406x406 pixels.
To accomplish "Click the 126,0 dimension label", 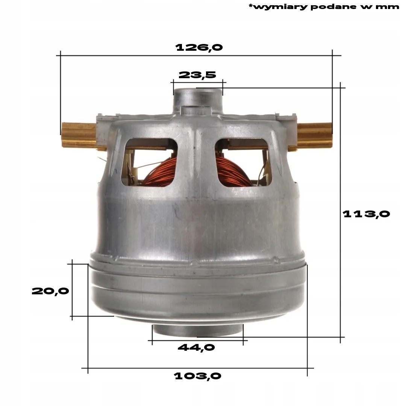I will [x=199, y=48].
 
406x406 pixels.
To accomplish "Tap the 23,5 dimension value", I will [x=197, y=75].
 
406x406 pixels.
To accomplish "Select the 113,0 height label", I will [x=367, y=214].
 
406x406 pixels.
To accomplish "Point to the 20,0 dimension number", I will [x=50, y=291].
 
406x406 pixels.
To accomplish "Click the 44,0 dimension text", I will [x=196, y=347].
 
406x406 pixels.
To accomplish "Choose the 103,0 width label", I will [x=198, y=376].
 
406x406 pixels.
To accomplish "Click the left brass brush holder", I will [x=79, y=135].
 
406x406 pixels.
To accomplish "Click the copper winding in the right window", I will [x=233, y=173].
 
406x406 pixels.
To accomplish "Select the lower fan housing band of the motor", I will [x=198, y=293].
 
